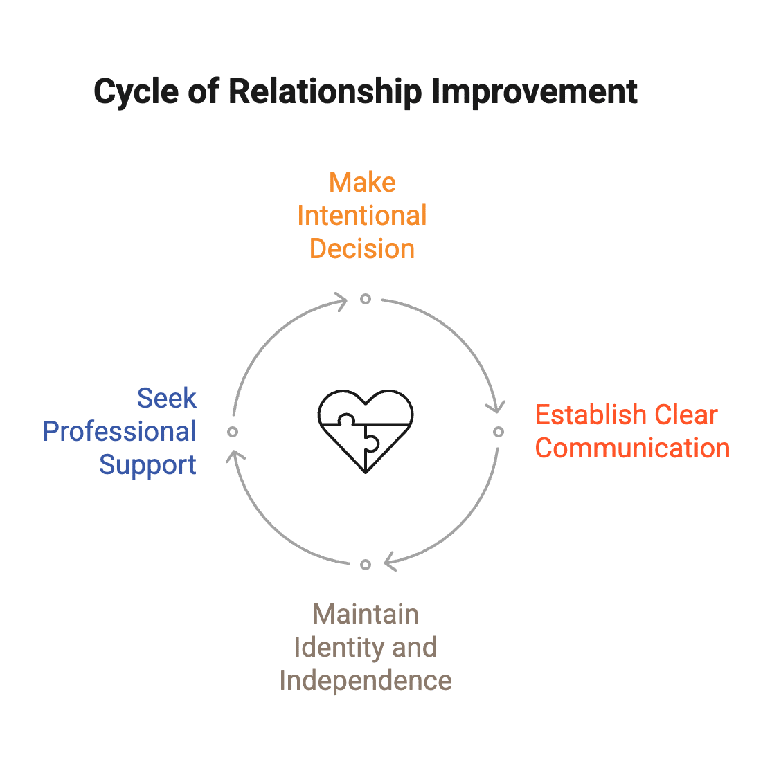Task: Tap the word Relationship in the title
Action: pyautogui.click(x=325, y=92)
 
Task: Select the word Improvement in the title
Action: pyautogui.click(x=533, y=92)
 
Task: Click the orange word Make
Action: pyautogui.click(x=362, y=183)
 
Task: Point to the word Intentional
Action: pyautogui.click(x=362, y=216)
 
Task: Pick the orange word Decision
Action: pyautogui.click(x=362, y=249)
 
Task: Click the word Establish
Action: pyautogui.click(x=589, y=415)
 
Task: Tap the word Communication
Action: pyautogui.click(x=632, y=448)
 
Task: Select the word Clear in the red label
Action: pyautogui.click(x=686, y=415)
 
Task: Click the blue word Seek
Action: pyautogui.click(x=166, y=399)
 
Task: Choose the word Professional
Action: pyautogui.click(x=120, y=432)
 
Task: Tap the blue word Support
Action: pyautogui.click(x=147, y=465)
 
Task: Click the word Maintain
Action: pyautogui.click(x=366, y=615)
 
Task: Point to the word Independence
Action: pyautogui.click(x=366, y=681)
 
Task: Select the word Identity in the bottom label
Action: pyautogui.click(x=328, y=648)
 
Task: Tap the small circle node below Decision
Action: pyautogui.click(x=366, y=299)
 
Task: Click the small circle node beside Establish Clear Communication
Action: pyautogui.click(x=499, y=432)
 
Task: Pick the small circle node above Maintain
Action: pyautogui.click(x=366, y=565)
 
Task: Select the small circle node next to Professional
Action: pyautogui.click(x=233, y=432)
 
